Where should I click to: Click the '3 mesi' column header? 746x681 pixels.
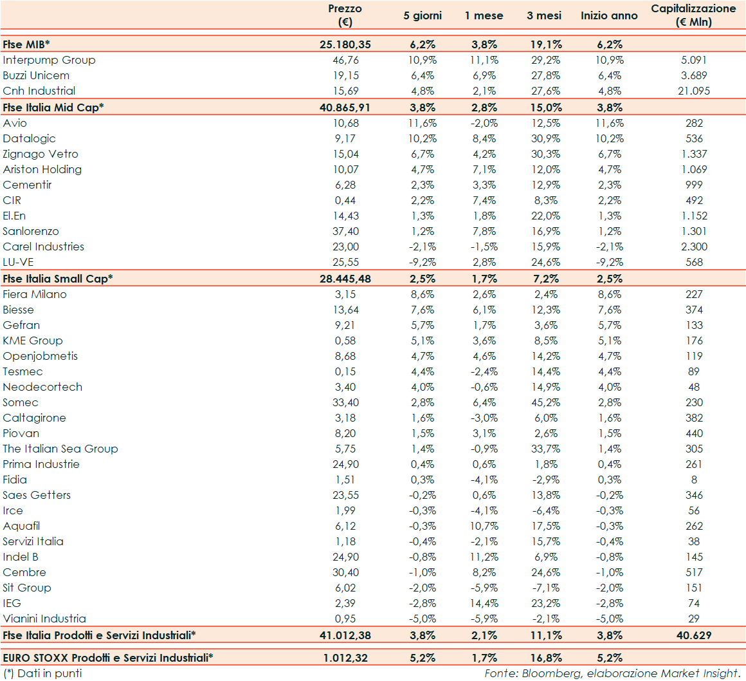544,15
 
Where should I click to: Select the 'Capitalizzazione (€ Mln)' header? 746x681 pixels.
693,15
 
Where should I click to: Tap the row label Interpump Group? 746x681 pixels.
49,60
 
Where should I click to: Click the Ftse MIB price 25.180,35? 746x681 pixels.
345,44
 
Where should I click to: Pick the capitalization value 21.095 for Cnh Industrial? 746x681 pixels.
694,91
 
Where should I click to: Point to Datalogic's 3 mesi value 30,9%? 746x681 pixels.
544,138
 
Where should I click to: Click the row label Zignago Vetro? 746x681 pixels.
41,154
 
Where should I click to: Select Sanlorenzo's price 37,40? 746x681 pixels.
345,231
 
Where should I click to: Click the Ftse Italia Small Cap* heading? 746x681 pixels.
57,279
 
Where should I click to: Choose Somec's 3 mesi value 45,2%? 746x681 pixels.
544,402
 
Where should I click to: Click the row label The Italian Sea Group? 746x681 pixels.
60,449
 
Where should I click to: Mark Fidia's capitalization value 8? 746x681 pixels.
694,480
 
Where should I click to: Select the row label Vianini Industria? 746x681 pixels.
44,619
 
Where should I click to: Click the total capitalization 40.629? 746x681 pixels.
694,635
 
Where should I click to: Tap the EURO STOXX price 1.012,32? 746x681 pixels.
345,658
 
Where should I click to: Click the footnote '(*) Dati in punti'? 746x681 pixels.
42,673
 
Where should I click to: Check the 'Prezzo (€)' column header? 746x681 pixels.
345,15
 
